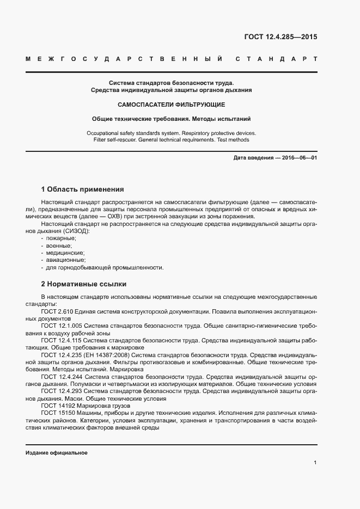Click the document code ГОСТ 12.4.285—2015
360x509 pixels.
280,38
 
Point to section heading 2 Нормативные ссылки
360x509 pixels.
84,284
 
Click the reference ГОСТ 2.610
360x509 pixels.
56,311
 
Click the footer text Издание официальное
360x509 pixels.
57,453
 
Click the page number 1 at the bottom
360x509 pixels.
315,463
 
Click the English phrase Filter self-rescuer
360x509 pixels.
116,140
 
